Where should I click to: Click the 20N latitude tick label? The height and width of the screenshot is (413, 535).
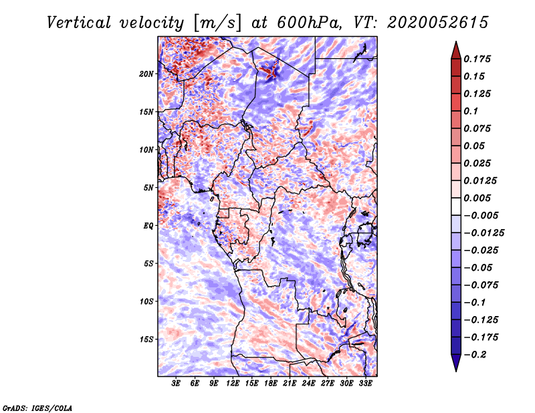[x=146, y=74]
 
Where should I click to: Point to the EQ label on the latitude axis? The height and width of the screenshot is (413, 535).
[x=148, y=225]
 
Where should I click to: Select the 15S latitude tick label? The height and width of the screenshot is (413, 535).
[x=146, y=339]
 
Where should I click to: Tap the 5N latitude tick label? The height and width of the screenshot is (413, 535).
[x=148, y=187]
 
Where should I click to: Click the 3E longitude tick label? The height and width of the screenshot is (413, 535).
[x=177, y=384]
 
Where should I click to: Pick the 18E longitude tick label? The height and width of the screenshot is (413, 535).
[x=271, y=384]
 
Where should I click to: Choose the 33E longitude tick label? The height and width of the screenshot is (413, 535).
[x=365, y=384]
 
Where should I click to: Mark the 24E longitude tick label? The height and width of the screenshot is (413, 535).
[x=309, y=384]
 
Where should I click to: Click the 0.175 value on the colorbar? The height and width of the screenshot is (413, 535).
[x=479, y=59]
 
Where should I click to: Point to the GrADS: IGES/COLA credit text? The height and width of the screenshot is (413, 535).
[x=37, y=407]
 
